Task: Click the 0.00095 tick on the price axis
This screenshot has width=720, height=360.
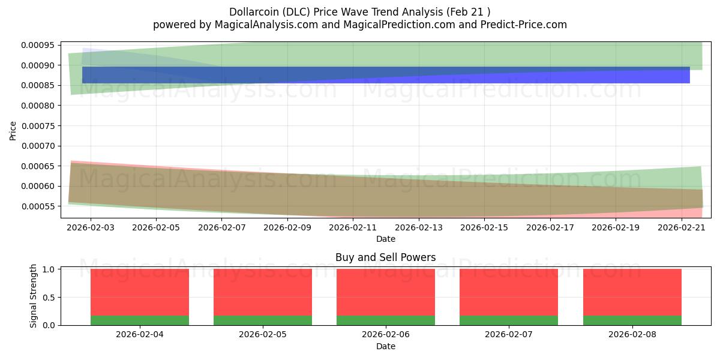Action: pyautogui.click(x=38, y=45)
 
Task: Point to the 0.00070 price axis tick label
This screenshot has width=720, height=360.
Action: pyautogui.click(x=38, y=146)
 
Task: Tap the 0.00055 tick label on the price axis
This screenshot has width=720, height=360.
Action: pyautogui.click(x=38, y=206)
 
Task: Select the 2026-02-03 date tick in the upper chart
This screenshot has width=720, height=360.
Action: pyautogui.click(x=91, y=227)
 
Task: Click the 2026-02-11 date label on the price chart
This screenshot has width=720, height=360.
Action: pyautogui.click(x=353, y=227)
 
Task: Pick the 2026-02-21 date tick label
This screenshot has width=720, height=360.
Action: pyautogui.click(x=682, y=227)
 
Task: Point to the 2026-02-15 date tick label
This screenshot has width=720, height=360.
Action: pyautogui.click(x=484, y=227)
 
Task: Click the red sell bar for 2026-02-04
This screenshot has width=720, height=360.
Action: pyautogui.click(x=140, y=292)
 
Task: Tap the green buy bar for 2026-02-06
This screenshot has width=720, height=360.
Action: pyautogui.click(x=386, y=320)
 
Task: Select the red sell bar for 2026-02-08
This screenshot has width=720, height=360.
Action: pyautogui.click(x=632, y=292)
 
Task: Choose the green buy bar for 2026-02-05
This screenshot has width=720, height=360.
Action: pyautogui.click(x=263, y=320)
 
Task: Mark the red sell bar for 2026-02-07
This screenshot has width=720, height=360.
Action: pyautogui.click(x=509, y=292)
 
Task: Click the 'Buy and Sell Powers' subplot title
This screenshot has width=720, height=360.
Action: pyautogui.click(x=386, y=257)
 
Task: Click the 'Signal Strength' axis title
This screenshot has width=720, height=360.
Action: pyautogui.click(x=33, y=296)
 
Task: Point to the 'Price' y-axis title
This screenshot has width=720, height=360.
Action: pyautogui.click(x=13, y=131)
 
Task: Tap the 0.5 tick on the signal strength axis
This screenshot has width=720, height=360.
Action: pyautogui.click(x=49, y=298)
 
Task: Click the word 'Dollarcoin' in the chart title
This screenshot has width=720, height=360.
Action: pyautogui.click(x=254, y=12)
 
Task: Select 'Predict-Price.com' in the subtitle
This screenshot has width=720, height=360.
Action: pyautogui.click(x=524, y=25)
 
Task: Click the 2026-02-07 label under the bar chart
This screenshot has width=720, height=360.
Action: pyautogui.click(x=509, y=335)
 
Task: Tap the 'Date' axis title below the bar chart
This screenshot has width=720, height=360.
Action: pyautogui.click(x=386, y=347)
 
